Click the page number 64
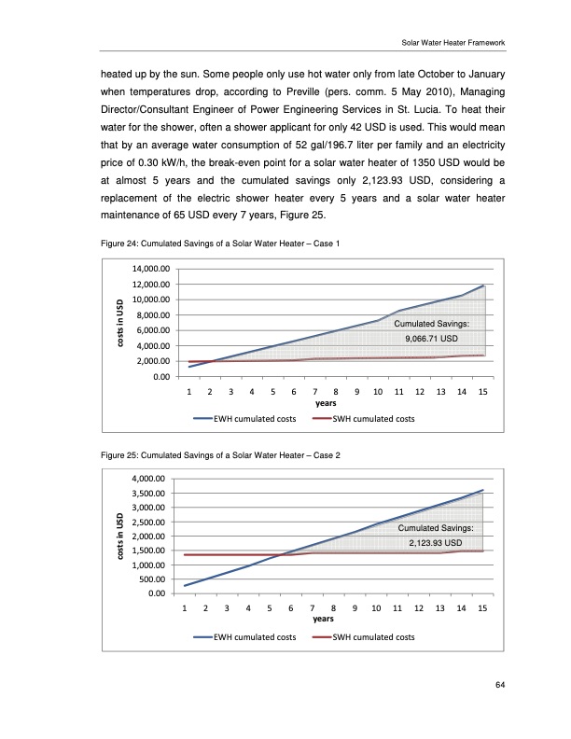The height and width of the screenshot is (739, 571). pos(500,687)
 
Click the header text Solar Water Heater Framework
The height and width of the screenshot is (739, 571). pos(453,42)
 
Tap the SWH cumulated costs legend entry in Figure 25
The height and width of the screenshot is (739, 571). pos(363,637)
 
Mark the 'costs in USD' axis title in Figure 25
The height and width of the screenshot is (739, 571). pos(118,537)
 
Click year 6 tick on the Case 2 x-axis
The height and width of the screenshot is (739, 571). pos(291,608)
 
